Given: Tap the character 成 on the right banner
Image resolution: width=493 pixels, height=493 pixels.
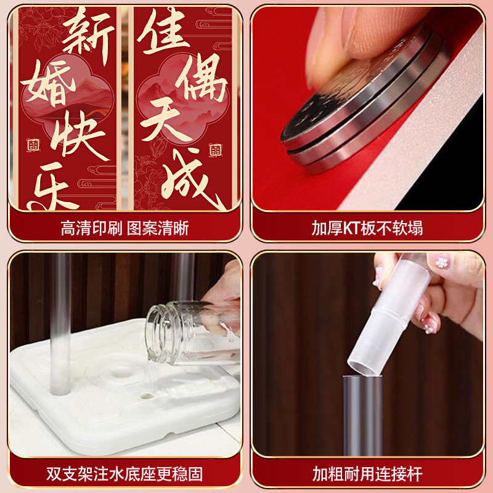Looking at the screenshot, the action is tap(191, 177).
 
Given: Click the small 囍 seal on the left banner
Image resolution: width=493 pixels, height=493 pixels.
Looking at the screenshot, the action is tap(33, 145).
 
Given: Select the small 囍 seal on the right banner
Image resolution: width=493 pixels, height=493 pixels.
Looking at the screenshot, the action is tap(215, 150).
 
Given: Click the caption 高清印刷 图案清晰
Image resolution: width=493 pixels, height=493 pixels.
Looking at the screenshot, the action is tap(124, 228).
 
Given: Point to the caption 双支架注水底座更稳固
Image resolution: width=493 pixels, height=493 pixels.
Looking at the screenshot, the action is tap(124, 474).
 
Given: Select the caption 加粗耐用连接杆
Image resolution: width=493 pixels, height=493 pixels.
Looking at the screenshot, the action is tap(367, 474).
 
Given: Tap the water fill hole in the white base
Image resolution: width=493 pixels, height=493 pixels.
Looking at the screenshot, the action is tap(145, 396).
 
